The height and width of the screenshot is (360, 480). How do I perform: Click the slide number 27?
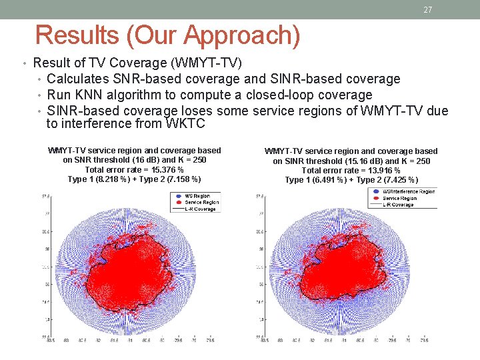coord(428,10)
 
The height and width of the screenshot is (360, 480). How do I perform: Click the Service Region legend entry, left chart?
coord(201,202)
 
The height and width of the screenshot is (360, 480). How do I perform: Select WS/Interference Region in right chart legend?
coord(408,192)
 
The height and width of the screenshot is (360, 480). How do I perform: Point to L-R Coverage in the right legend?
coord(398,205)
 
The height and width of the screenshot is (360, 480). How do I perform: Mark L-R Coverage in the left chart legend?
coord(200,209)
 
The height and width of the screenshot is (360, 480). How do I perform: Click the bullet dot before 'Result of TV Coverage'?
coord(25,64)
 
